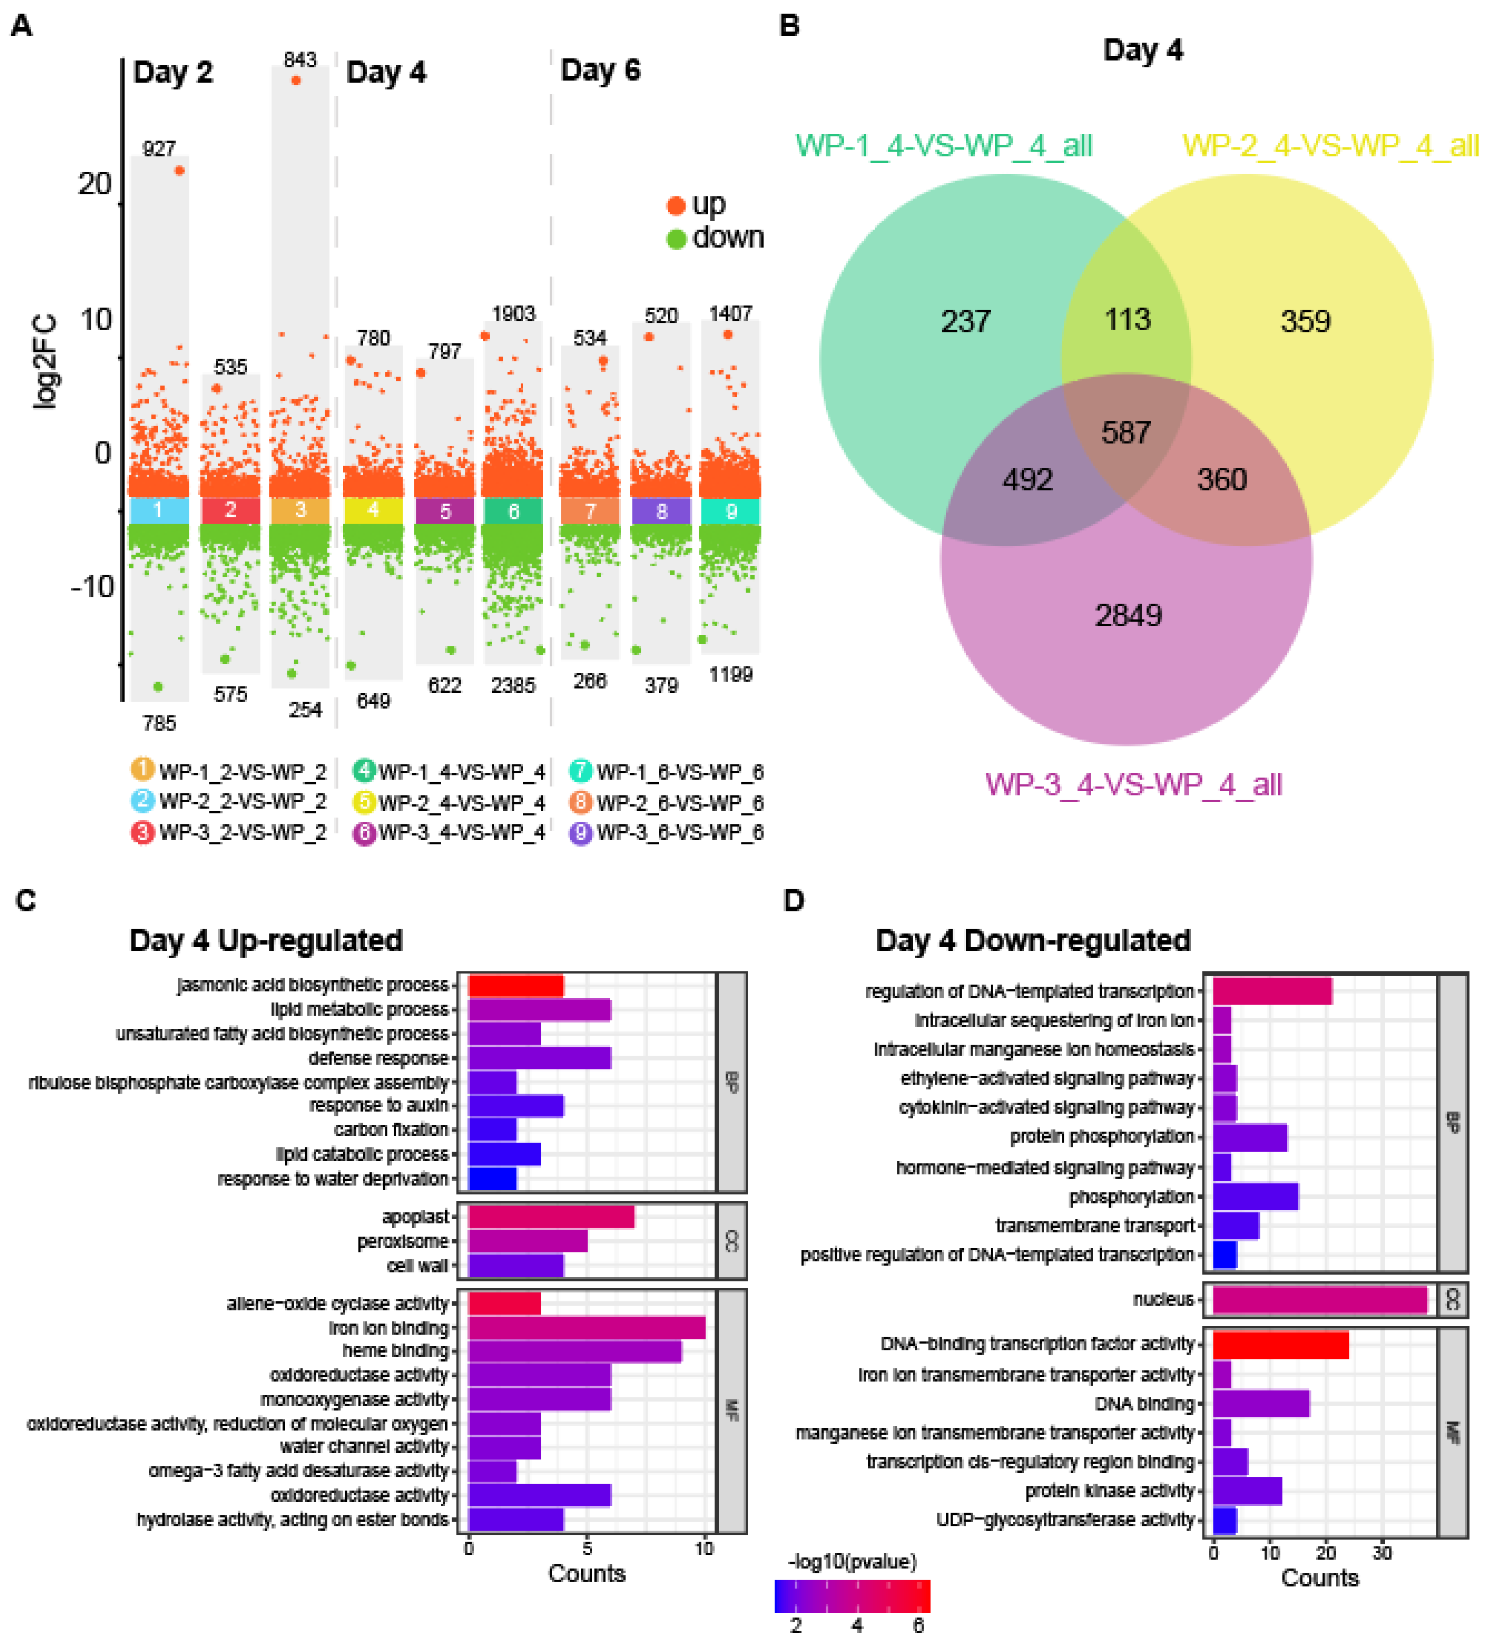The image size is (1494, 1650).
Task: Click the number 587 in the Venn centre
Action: tap(1126, 432)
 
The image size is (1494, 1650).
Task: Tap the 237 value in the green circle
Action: tap(965, 321)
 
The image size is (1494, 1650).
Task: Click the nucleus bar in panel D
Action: tap(1319, 1299)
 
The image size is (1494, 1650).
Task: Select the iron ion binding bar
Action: tap(586, 1327)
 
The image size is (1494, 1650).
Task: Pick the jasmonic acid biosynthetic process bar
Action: tap(516, 984)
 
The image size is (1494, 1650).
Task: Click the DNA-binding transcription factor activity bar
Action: tap(1280, 1345)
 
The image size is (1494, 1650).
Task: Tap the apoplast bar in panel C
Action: tap(551, 1217)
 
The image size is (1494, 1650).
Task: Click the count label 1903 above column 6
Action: tap(513, 313)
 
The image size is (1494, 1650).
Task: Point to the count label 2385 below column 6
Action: tap(513, 685)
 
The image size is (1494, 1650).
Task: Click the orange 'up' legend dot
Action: tap(676, 205)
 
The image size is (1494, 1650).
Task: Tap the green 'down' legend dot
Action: tap(676, 239)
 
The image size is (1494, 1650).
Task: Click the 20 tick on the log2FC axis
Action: tap(95, 183)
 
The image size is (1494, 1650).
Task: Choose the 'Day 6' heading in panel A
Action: tap(600, 70)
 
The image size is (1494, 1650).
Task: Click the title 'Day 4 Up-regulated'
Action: tap(266, 940)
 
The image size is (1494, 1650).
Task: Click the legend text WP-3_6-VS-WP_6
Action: tap(680, 832)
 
